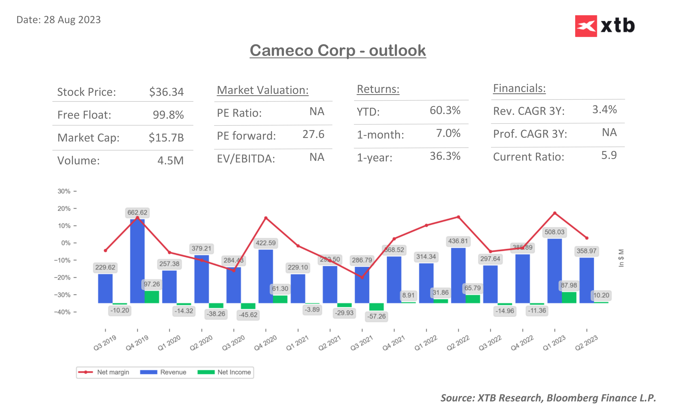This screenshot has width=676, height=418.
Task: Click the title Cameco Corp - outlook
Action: [338, 51]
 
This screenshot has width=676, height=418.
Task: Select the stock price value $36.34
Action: [166, 92]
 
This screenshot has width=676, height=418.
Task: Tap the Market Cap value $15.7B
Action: [166, 138]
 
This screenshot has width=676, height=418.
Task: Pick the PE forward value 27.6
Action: [313, 134]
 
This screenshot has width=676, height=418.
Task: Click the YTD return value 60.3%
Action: [445, 110]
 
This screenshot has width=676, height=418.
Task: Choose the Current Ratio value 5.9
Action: [608, 155]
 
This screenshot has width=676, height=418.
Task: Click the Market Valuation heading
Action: [262, 90]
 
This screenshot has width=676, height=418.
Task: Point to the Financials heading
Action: [519, 88]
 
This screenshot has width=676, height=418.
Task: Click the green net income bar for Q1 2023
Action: [569, 297]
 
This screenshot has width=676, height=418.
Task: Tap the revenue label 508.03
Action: [554, 232]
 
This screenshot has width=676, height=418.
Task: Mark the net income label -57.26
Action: [376, 316]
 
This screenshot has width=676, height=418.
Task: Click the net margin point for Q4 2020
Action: [266, 218]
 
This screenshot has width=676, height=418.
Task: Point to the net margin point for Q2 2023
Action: [587, 238]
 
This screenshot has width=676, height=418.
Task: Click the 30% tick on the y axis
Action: [64, 191]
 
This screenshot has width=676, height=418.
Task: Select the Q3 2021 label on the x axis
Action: [361, 343]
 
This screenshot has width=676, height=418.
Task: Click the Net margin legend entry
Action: [104, 372]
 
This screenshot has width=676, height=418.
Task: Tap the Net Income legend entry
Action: [224, 372]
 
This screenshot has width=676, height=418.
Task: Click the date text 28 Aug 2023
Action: [72, 20]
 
